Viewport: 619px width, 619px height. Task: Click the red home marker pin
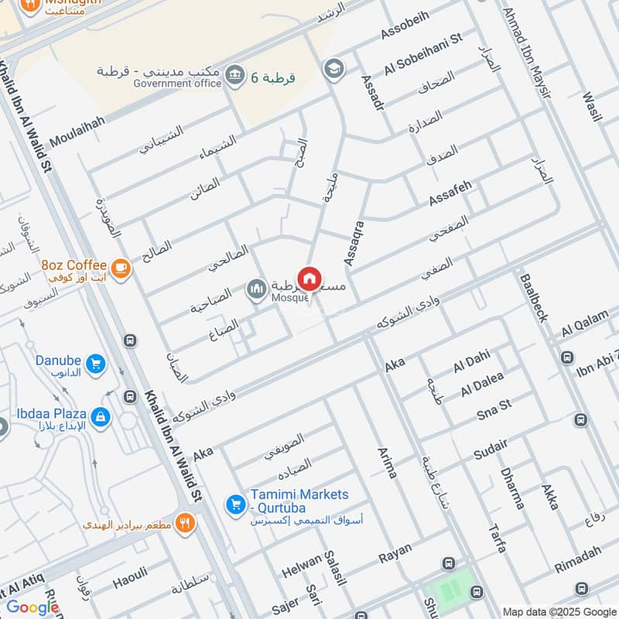pos(309,279)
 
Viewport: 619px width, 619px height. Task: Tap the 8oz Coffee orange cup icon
pos(120,268)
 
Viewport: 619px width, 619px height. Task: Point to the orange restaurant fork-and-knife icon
pos(184,524)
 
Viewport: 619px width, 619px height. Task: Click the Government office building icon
pos(235,75)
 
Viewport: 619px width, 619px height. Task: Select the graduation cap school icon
pos(333,68)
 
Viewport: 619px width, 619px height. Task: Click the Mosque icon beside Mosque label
pos(256,290)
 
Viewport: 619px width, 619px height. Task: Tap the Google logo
pos(32,607)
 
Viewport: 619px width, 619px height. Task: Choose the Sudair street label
pos(491,448)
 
